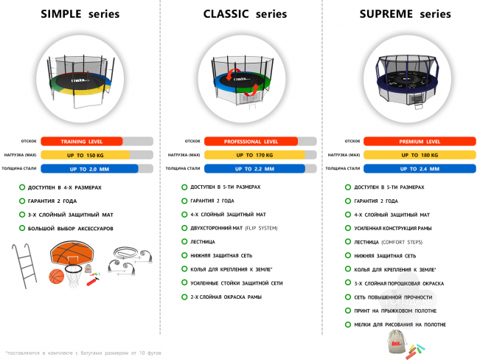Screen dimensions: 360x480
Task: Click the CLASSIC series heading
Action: [x=240, y=14]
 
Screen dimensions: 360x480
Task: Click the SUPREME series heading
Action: [x=405, y=14]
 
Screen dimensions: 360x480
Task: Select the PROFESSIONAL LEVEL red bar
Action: [x=251, y=141]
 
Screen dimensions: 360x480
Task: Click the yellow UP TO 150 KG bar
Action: [x=85, y=155]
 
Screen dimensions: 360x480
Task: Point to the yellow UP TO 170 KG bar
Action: [x=254, y=155]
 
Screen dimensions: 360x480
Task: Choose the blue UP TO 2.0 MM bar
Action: [x=89, y=169]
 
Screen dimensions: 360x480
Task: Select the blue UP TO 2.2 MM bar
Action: [x=254, y=169]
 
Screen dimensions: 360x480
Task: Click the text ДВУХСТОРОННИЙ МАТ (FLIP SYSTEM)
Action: [x=234, y=227]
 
